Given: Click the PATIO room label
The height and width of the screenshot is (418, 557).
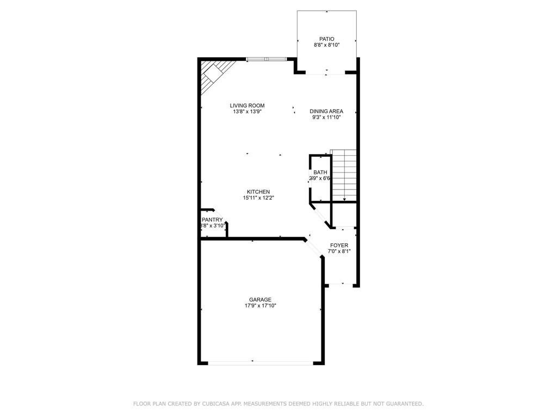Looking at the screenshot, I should pyautogui.click(x=326, y=39).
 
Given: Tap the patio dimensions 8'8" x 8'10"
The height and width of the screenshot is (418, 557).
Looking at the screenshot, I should pyautogui.click(x=326, y=46).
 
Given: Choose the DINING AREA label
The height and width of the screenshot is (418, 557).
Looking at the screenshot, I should pyautogui.click(x=326, y=111).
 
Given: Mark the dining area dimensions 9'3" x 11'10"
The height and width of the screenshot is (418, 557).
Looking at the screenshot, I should pyautogui.click(x=326, y=118).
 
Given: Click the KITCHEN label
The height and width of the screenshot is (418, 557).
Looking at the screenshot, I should pyautogui.click(x=258, y=192).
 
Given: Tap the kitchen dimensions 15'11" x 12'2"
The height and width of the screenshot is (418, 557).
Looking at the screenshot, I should pyautogui.click(x=258, y=198).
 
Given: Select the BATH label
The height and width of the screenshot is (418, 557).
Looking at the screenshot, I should pyautogui.click(x=320, y=173).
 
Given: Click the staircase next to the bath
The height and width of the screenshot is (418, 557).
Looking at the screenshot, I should pyautogui.click(x=344, y=175).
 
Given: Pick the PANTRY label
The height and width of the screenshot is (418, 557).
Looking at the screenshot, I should pyautogui.click(x=212, y=220).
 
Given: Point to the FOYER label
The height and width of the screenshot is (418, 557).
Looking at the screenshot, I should pyautogui.click(x=339, y=245).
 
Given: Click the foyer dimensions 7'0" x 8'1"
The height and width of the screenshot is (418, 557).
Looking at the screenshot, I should pyautogui.click(x=339, y=252).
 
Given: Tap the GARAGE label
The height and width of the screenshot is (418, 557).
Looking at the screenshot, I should pyautogui.click(x=260, y=299).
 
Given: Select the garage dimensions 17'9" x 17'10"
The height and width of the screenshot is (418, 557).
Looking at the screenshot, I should pyautogui.click(x=260, y=306).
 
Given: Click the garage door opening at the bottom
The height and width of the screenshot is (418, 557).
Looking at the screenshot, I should pyautogui.click(x=261, y=363).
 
